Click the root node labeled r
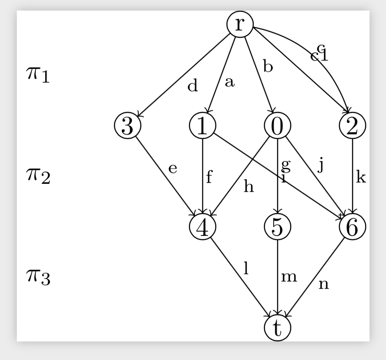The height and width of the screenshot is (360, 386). tap(240, 24)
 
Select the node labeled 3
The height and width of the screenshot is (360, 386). tap(128, 126)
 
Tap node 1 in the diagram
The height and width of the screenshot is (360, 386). tap(202, 126)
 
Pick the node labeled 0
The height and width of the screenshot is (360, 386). tap(277, 126)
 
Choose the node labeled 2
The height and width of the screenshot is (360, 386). tap(352, 126)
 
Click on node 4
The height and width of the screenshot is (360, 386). tap(202, 227)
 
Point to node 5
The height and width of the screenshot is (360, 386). tap(277, 227)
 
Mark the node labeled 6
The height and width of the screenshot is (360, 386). tap(352, 227)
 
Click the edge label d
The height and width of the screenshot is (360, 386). tap(193, 86)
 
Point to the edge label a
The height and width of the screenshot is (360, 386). tap(230, 82)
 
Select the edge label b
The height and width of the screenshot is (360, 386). tap(268, 67)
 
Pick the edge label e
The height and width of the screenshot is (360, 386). tap(173, 168)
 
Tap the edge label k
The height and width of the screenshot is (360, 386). tap(361, 177)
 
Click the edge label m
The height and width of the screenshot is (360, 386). tap(289, 277)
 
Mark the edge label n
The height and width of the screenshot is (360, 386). tap(324, 284)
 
